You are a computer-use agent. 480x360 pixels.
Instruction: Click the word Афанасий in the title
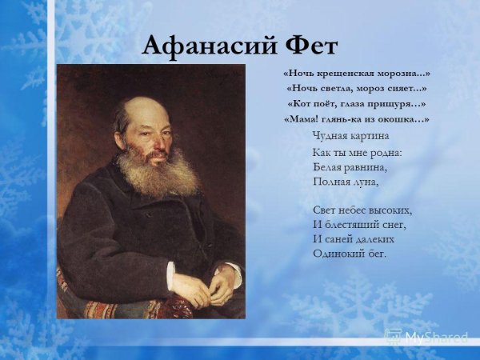click(x=207, y=46)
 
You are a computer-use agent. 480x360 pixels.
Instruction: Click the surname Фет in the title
click(x=308, y=46)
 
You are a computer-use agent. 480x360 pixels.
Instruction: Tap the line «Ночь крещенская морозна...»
click(x=357, y=74)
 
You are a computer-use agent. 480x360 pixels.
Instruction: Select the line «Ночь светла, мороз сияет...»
click(x=357, y=89)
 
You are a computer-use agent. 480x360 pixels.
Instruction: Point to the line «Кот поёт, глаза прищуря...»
click(x=357, y=104)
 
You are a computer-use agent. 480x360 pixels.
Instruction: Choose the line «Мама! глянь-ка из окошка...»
click(x=357, y=119)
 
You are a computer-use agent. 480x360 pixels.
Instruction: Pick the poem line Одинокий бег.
click(x=350, y=254)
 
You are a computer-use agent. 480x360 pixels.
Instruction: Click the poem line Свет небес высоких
click(x=362, y=210)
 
